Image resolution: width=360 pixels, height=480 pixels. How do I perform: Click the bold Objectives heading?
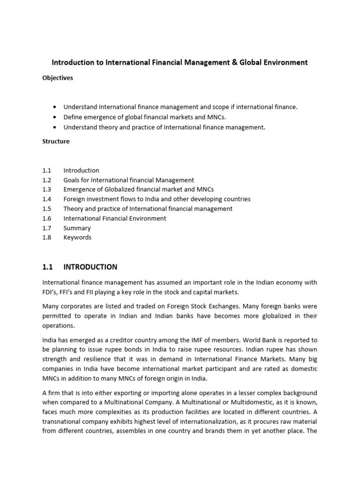coord(58,78)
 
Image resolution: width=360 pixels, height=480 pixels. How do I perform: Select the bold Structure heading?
coord(56,142)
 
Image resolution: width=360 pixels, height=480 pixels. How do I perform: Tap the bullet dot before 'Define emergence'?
coord(55,117)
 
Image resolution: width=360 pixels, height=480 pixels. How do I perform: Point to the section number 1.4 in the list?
coord(46,199)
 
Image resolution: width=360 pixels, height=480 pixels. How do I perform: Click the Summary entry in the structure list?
coord(77,228)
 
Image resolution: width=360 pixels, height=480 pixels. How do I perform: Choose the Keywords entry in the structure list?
coord(77,238)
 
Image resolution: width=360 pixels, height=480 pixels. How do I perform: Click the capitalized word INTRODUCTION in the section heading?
coord(90,267)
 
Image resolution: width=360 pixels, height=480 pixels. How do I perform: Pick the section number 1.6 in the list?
coord(46,218)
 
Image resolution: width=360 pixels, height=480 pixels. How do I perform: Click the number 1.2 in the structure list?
coord(46,180)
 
